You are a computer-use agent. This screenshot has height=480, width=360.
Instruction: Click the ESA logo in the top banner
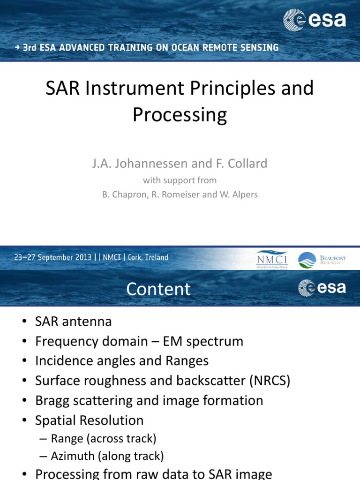315,20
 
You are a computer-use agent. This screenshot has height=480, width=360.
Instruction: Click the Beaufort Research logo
322,260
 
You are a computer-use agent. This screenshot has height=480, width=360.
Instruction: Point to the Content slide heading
158,289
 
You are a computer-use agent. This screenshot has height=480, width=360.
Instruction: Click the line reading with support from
180,180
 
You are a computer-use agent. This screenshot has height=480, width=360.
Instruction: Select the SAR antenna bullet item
73,322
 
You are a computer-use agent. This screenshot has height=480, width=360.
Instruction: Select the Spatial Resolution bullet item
89,420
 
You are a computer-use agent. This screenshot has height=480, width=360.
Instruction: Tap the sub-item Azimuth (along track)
107,456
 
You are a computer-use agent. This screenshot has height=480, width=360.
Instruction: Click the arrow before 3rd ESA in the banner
17,48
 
